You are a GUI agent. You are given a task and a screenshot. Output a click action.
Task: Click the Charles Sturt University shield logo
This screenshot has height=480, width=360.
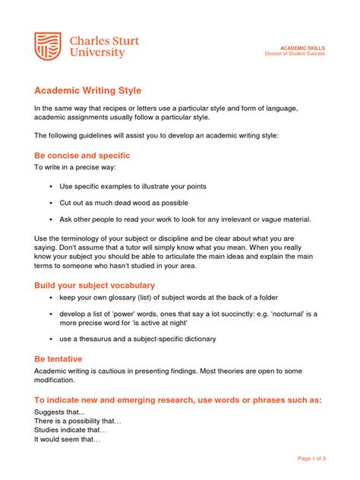[47, 46]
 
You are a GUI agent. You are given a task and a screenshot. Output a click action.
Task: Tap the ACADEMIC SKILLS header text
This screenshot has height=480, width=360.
[304, 47]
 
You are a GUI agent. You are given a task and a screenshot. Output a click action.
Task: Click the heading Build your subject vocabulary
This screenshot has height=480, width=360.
[94, 285]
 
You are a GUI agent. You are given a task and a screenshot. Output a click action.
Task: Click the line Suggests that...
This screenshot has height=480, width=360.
[59, 411]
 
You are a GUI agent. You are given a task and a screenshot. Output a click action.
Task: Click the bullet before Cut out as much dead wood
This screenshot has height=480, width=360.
[50, 203]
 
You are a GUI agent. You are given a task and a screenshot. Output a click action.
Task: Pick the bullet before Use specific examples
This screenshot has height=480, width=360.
[50, 186]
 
